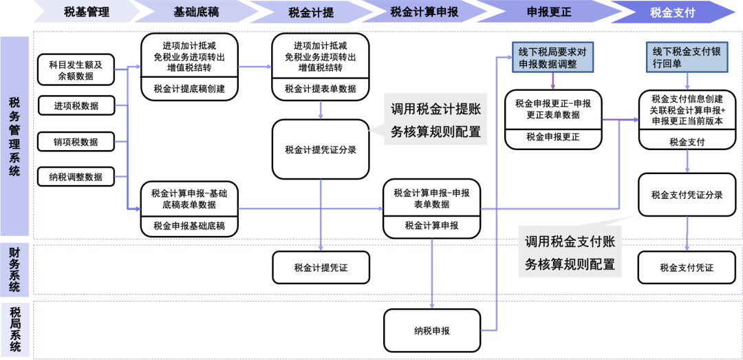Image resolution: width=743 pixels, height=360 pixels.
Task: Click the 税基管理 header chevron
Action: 86,12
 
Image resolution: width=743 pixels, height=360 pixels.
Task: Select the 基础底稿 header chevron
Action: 197,12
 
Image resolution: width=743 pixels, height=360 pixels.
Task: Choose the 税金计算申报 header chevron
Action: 424,12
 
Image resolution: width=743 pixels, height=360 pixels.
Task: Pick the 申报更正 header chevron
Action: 543,12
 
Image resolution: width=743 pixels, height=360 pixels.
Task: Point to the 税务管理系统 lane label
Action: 14,136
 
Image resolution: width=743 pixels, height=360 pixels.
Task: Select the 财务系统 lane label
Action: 14,269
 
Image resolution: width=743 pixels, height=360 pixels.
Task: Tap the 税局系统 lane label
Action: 14,328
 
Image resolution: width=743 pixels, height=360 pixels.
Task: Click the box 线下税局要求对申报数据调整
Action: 553,58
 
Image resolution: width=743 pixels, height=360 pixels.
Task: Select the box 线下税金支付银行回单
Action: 686,58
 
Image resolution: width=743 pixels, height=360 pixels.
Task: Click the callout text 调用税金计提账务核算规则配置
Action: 435,120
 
